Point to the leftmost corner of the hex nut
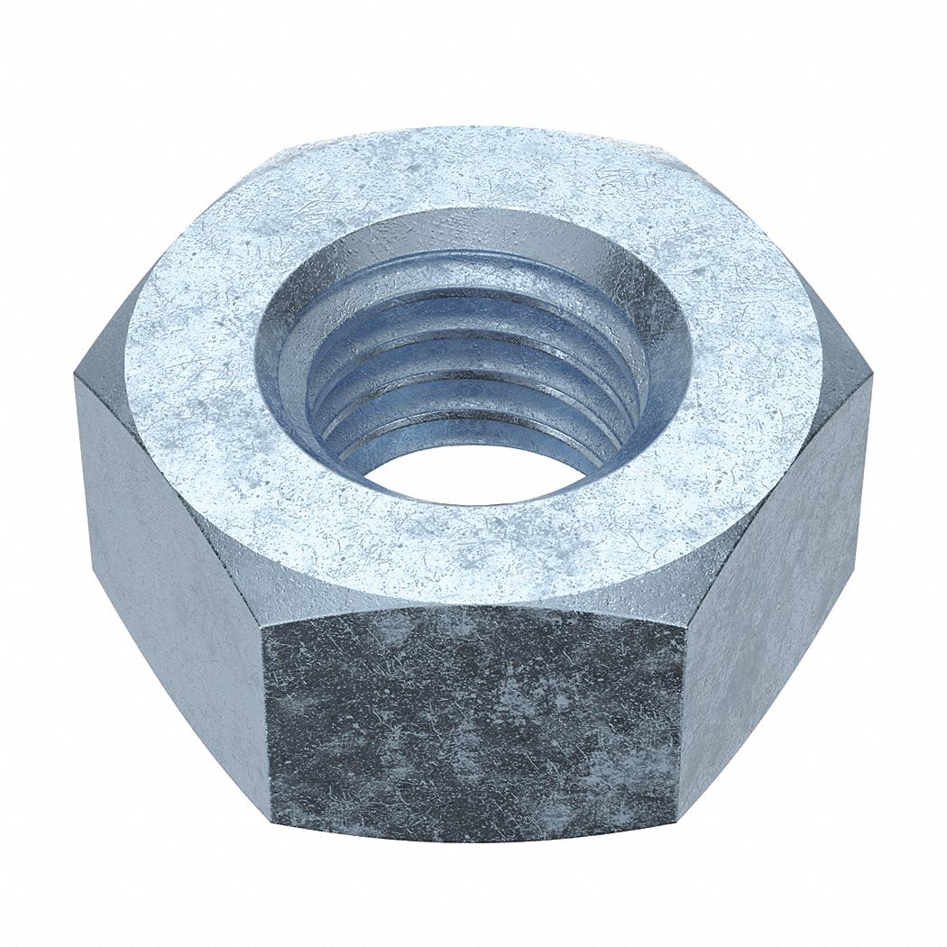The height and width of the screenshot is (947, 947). (x=76, y=379)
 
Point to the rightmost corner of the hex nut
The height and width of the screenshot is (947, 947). (x=871, y=379)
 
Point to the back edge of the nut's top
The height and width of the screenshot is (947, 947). (x=473, y=128)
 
